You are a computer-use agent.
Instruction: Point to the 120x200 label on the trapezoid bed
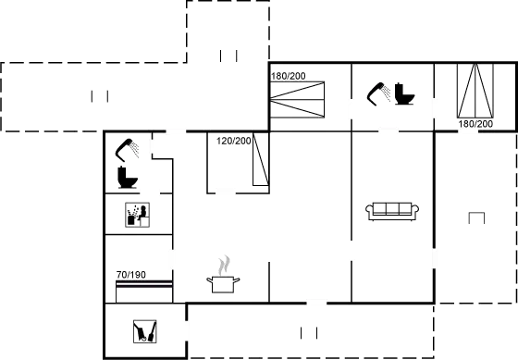(233, 142)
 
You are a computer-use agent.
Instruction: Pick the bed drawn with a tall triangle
(477, 93)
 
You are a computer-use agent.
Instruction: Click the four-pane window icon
(138, 214)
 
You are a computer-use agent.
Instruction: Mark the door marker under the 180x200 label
(468, 130)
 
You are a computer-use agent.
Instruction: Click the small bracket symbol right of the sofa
(476, 217)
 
